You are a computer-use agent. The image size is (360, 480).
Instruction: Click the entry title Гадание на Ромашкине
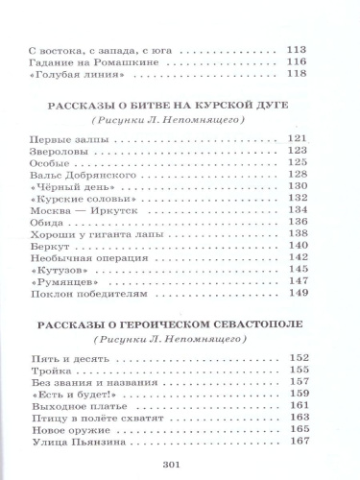tap(84, 60)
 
